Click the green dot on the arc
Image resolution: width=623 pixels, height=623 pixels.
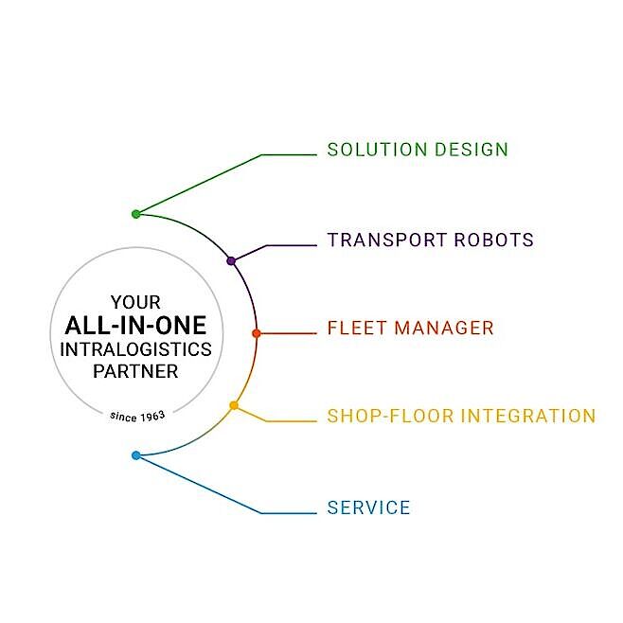[136, 214]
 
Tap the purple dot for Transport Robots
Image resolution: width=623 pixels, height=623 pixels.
[231, 261]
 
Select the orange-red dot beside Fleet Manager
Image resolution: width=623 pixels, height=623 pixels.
[257, 333]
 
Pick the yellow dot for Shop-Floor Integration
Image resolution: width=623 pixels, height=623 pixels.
[234, 405]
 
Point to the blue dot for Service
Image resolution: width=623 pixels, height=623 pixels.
[136, 455]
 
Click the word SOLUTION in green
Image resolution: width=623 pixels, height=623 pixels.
[377, 150]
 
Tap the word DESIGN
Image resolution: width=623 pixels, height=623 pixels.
[472, 150]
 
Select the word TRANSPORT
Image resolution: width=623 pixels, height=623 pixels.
[386, 240]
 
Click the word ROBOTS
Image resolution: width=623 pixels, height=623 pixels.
[494, 240]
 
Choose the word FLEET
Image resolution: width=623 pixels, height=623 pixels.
[357, 329]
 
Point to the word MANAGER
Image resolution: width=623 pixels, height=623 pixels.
[444, 329]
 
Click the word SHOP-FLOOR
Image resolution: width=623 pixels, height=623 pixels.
[390, 416]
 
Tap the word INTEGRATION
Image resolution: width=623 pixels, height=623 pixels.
[528, 416]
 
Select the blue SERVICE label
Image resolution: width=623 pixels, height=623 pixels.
[368, 507]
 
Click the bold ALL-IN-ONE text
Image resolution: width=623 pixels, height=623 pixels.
[136, 326]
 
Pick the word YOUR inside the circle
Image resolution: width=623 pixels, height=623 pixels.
[136, 302]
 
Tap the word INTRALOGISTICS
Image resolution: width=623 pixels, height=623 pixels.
[136, 349]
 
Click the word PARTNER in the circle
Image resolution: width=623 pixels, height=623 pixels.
[136, 371]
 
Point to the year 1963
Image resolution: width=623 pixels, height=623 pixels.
[153, 417]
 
